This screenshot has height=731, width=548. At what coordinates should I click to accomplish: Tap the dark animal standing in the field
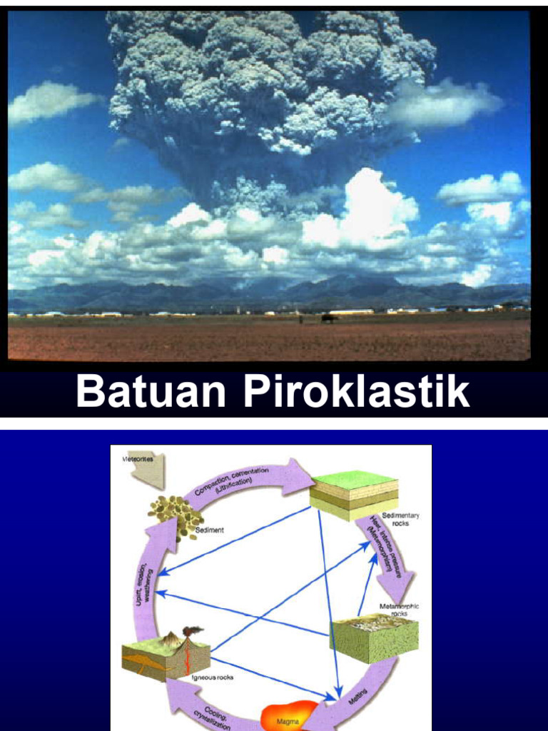click(328, 318)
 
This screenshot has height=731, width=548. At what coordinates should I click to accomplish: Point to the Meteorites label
click(137, 459)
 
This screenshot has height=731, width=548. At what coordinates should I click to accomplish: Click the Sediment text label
click(210, 530)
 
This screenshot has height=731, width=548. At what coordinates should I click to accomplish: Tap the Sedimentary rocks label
click(400, 519)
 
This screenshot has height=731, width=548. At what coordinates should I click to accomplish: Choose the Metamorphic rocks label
click(399, 610)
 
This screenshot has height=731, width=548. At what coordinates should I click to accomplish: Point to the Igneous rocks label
click(213, 677)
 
